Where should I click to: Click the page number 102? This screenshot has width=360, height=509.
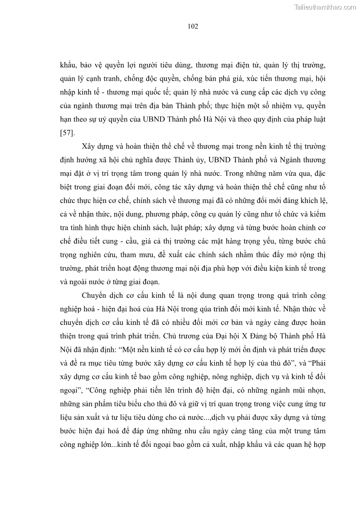point(193,26)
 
